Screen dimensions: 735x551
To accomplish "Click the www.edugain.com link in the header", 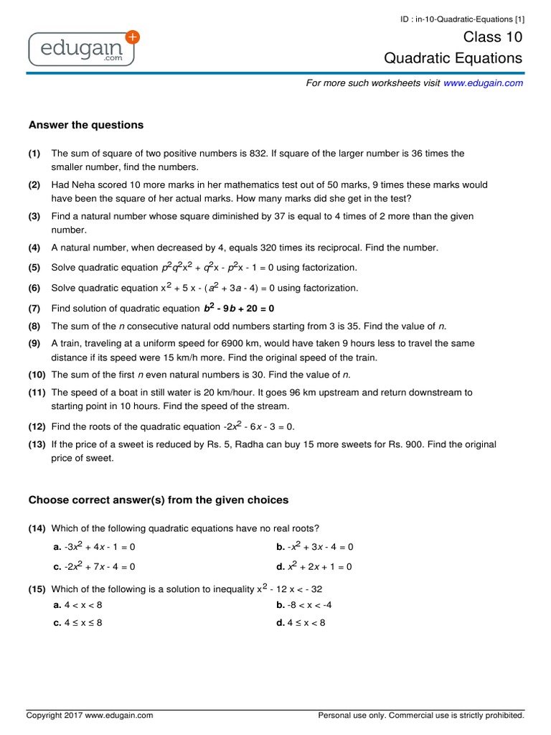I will click(x=483, y=83).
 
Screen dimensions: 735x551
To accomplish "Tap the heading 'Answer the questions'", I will click(x=86, y=125).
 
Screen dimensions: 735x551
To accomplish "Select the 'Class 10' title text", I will click(x=494, y=37).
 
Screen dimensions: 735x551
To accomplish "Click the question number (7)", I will click(x=35, y=309).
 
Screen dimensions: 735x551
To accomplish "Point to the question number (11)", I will click(x=37, y=393).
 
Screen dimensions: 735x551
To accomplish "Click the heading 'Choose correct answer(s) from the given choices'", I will click(x=158, y=500).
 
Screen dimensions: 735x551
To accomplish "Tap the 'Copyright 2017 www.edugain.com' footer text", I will click(x=90, y=716).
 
